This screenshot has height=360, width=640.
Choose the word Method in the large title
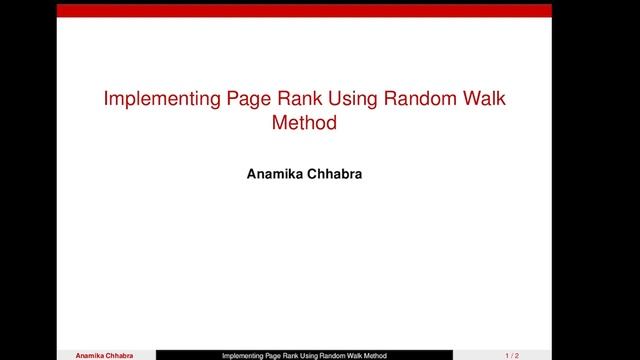point(304,125)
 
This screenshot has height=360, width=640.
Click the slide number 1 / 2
point(512,355)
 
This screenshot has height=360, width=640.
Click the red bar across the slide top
point(304,10)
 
